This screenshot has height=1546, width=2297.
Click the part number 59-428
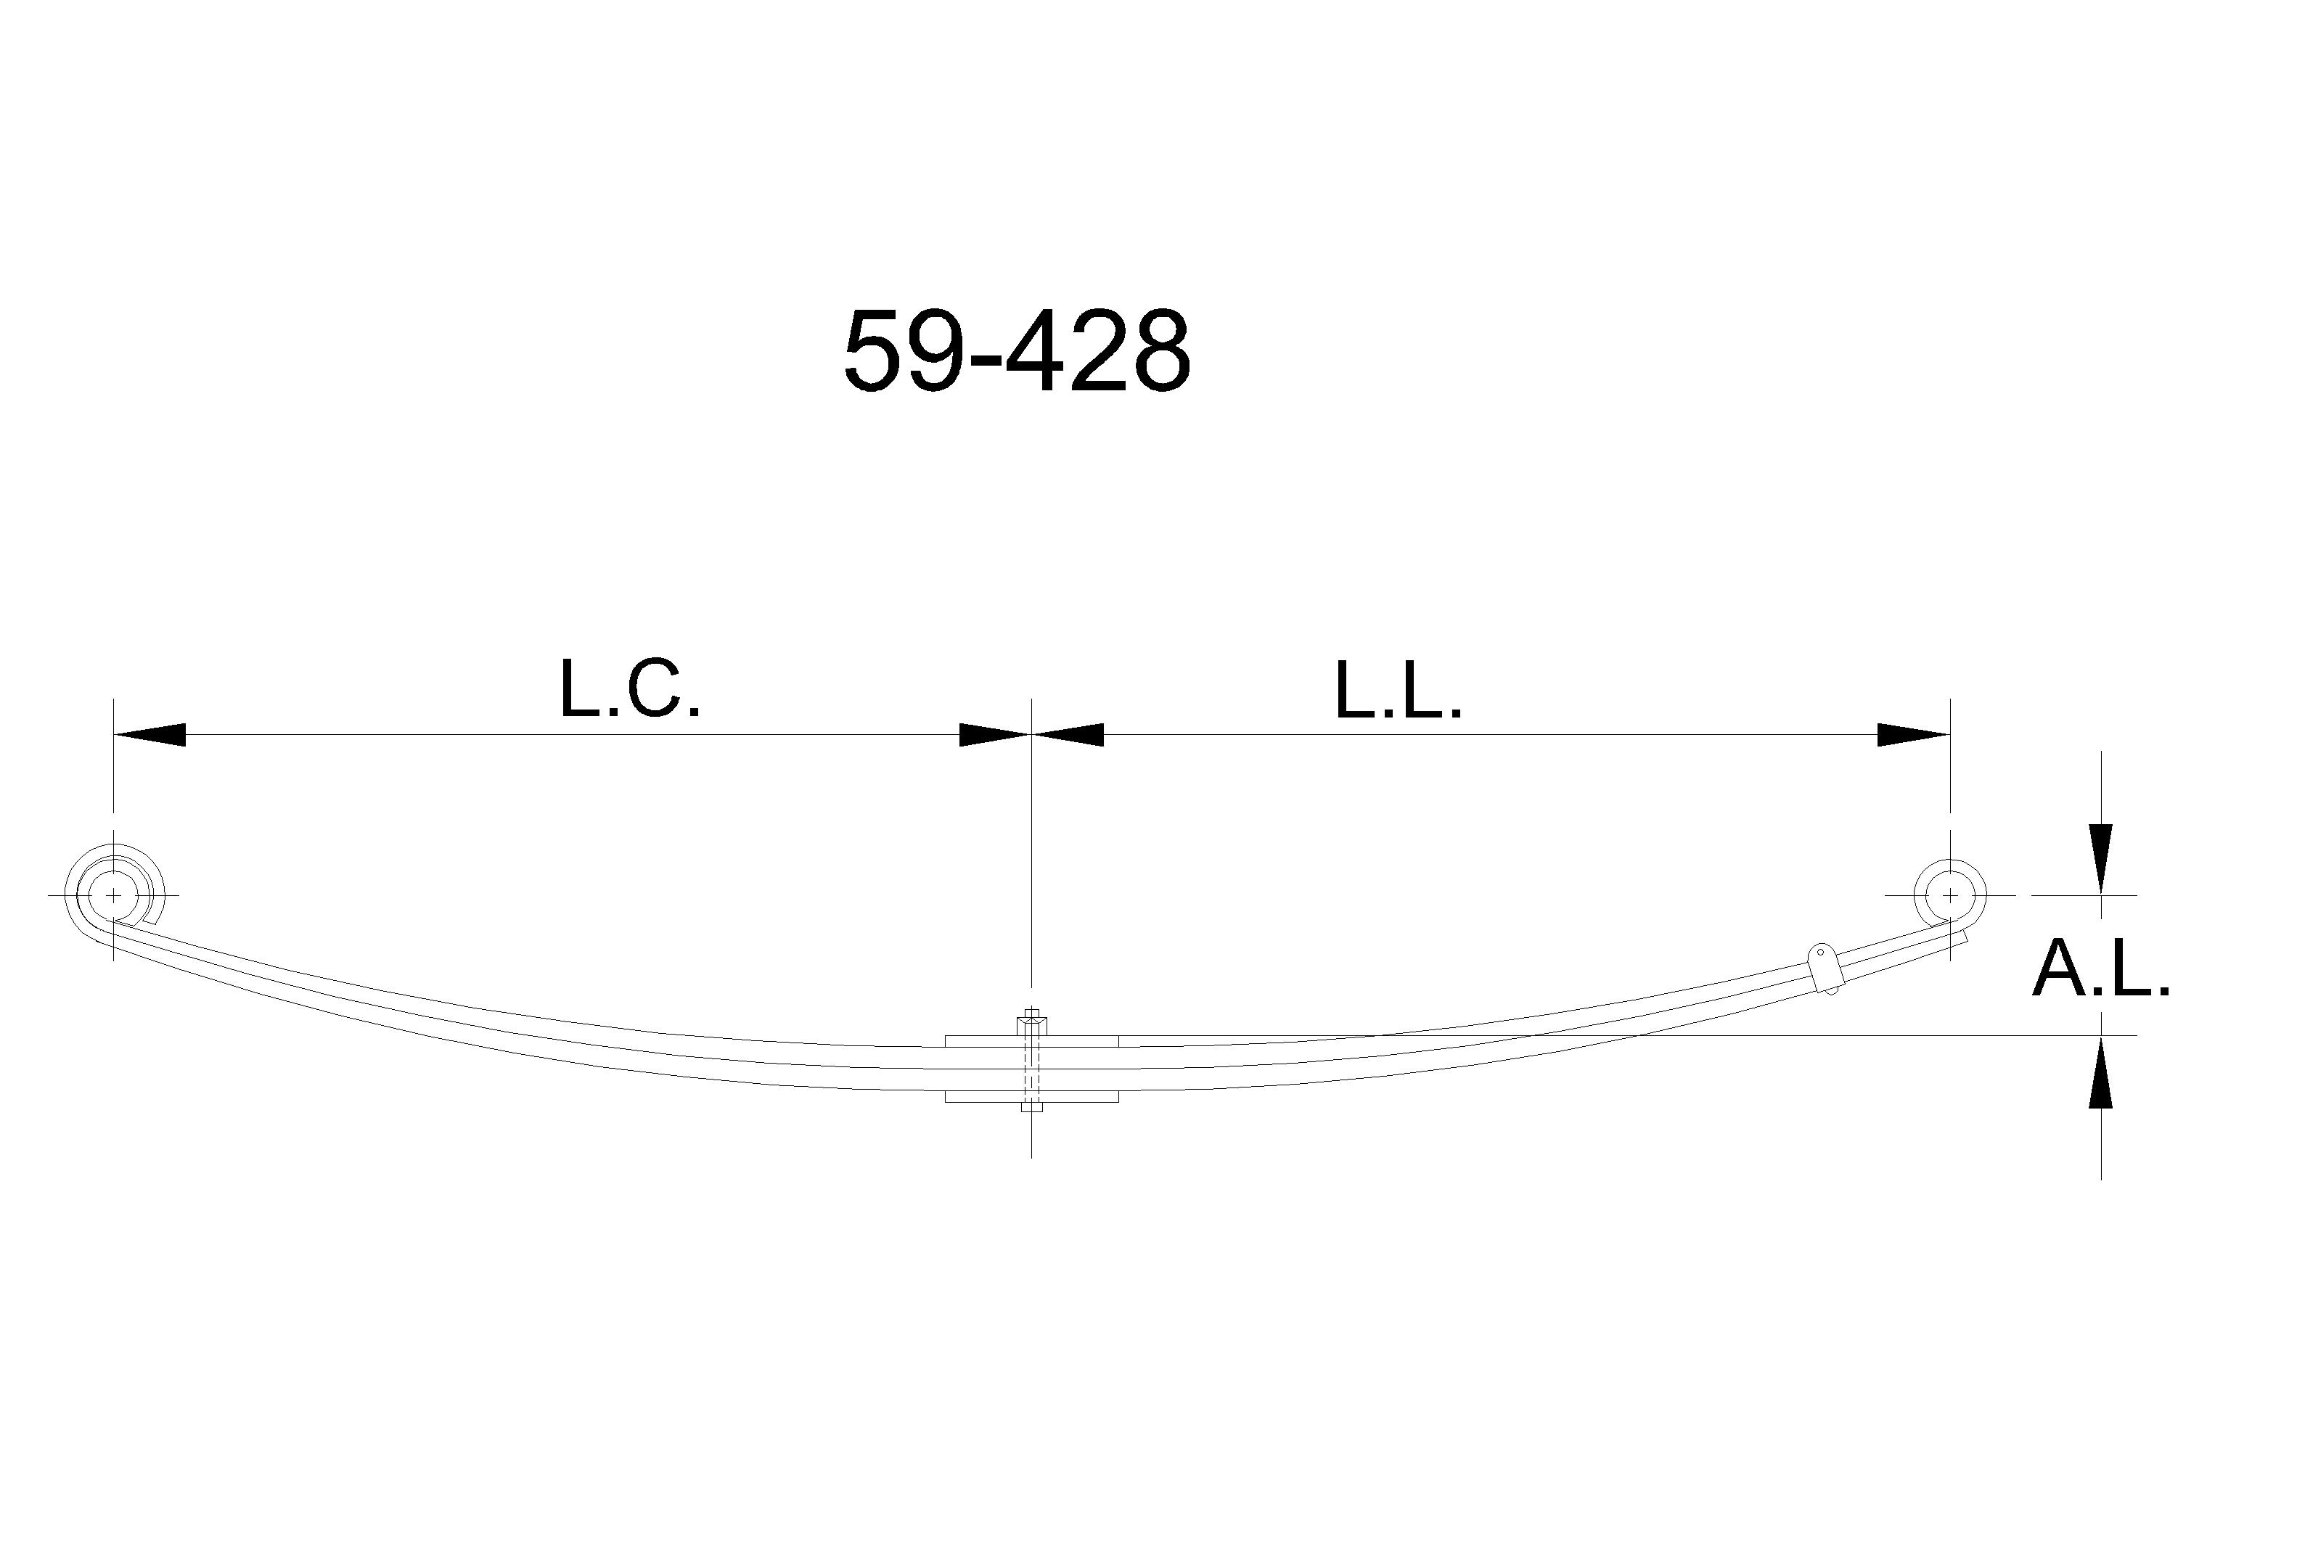pos(1017,351)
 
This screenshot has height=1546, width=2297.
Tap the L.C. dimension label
pos(629,689)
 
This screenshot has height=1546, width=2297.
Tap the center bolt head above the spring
pos(1031,1021)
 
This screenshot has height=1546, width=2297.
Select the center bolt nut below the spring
pos(1031,1106)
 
